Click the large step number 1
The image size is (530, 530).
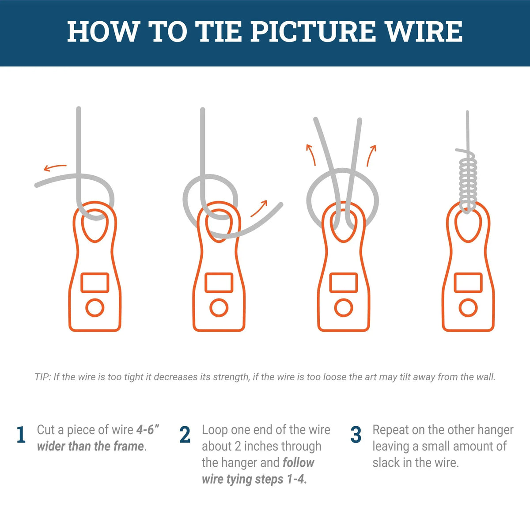click(21, 435)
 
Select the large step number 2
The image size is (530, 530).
click(185, 435)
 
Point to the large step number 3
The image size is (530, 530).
click(356, 435)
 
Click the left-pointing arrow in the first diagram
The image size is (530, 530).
click(55, 167)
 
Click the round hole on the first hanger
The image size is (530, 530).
click(95, 308)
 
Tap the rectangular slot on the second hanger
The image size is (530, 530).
click(219, 283)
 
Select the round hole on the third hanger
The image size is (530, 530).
click(344, 308)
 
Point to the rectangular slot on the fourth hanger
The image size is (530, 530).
click(468, 283)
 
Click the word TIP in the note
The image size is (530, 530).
click(42, 377)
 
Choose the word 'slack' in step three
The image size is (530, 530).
click(388, 462)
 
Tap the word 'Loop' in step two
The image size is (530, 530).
click(215, 430)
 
